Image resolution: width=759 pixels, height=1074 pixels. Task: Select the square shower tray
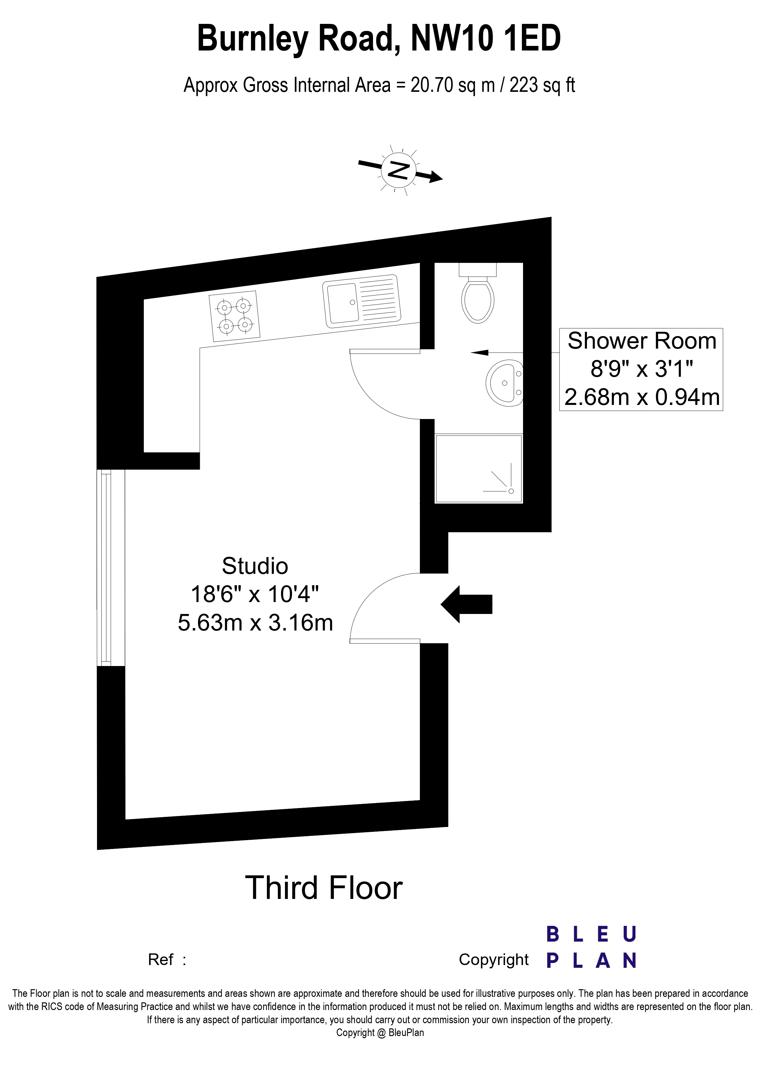(x=478, y=469)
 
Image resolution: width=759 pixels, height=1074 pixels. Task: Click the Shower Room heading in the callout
(x=641, y=341)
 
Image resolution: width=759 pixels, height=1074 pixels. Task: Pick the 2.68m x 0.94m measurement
(x=641, y=397)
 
